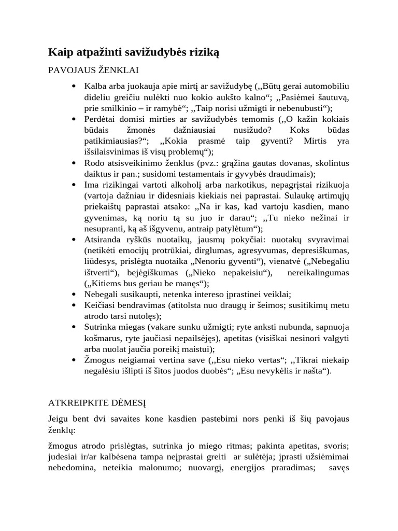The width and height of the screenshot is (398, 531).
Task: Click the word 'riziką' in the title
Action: pyautogui.click(x=201, y=52)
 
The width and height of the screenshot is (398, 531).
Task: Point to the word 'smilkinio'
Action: pyautogui.click(x=118, y=108)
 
